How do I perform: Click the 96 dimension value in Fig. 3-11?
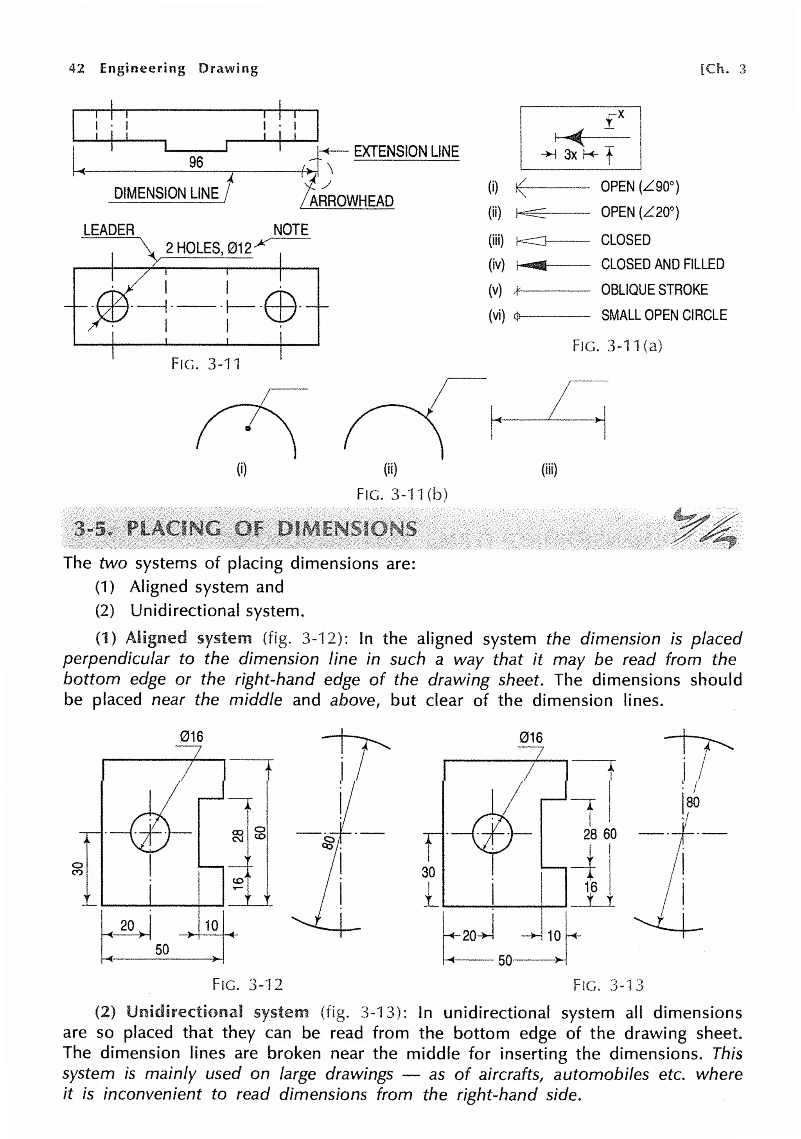(x=196, y=162)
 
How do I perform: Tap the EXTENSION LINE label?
(x=406, y=151)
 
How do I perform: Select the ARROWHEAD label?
(x=351, y=201)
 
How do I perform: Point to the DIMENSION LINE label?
(x=166, y=193)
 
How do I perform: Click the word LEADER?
(x=109, y=230)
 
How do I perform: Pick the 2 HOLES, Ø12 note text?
(x=208, y=247)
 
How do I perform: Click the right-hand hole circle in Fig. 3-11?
(x=280, y=306)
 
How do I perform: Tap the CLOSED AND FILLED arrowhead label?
(x=662, y=264)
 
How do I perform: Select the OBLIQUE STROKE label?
(x=654, y=289)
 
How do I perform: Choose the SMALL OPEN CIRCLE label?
(x=664, y=315)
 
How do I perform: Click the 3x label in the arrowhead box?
(x=570, y=155)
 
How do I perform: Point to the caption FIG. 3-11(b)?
(x=402, y=494)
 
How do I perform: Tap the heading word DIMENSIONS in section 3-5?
(x=347, y=528)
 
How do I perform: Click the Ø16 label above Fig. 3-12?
(x=191, y=736)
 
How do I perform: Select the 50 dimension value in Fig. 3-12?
(x=162, y=949)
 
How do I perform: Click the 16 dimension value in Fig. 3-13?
(x=591, y=886)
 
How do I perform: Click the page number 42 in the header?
(x=76, y=68)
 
